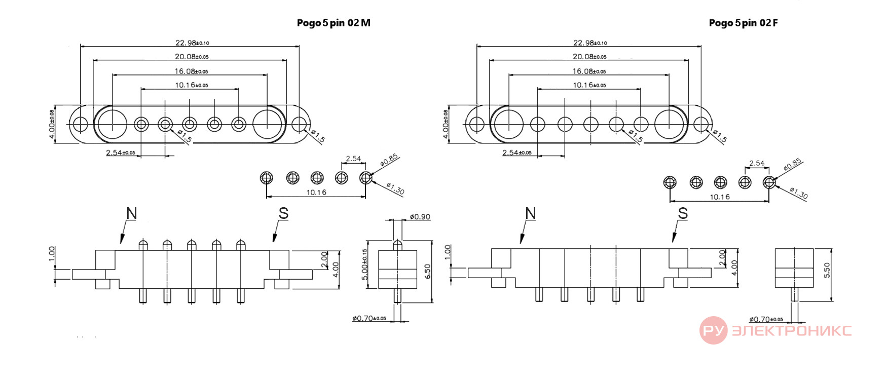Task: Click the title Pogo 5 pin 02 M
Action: pyautogui.click(x=334, y=23)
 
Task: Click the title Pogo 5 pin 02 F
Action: pyautogui.click(x=743, y=23)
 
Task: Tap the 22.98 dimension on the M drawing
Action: pyautogui.click(x=192, y=43)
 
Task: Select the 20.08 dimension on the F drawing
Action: pyautogui.click(x=589, y=57)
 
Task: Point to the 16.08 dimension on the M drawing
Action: pyautogui.click(x=191, y=71)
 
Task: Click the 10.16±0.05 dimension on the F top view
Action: pyautogui.click(x=589, y=85)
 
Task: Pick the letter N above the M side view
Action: pyautogui.click(x=132, y=213)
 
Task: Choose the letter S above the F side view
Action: pyautogui.click(x=683, y=213)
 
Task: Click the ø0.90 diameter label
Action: pyautogui.click(x=420, y=217)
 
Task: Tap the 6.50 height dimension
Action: pyautogui.click(x=428, y=271)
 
